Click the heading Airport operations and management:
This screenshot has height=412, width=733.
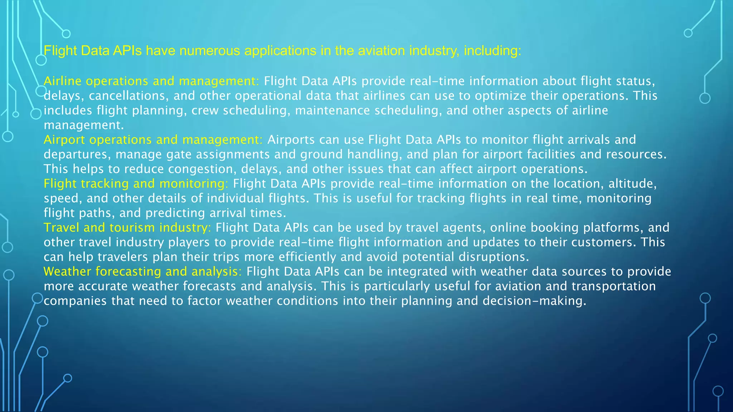(153, 139)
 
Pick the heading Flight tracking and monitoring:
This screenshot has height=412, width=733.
(136, 183)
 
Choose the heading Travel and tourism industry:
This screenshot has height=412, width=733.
(127, 227)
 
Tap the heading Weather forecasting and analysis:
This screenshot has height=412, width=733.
(142, 271)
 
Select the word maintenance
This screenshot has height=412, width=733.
(332, 111)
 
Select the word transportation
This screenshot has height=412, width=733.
(613, 286)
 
